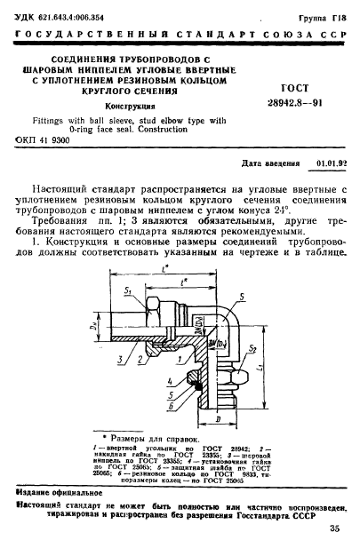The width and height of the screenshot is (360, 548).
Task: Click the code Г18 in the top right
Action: point(339,16)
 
